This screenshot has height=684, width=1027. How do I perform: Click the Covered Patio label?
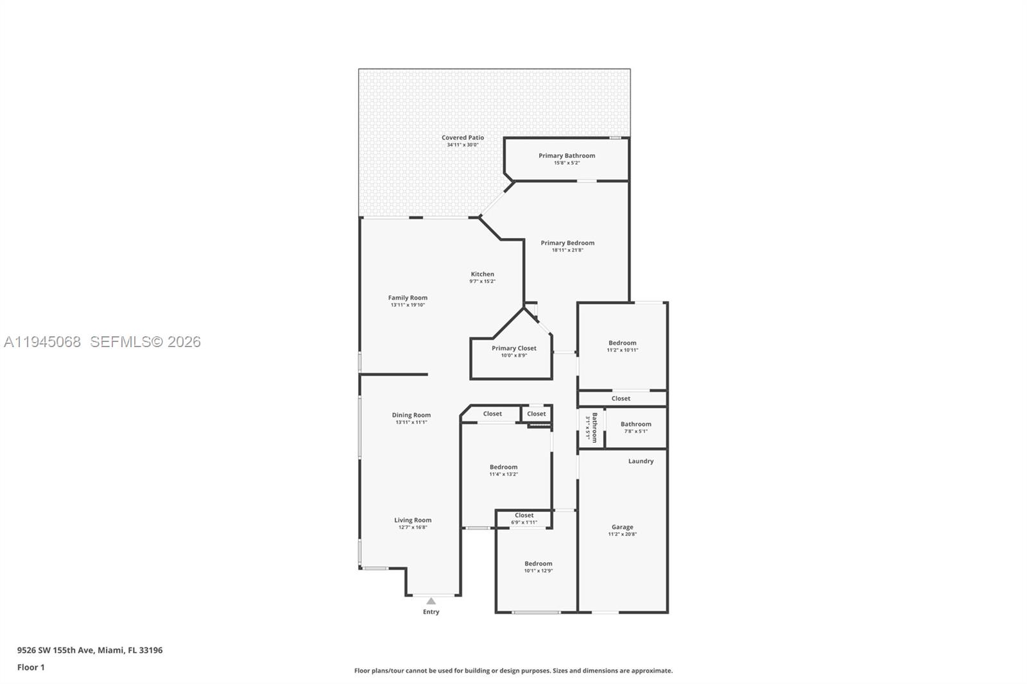click(x=462, y=138)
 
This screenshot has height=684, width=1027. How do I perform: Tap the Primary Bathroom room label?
click(x=567, y=156)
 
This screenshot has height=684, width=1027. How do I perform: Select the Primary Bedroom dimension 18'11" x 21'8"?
click(x=567, y=250)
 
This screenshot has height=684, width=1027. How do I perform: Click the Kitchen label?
click(x=483, y=275)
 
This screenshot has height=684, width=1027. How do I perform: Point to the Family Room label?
click(x=408, y=298)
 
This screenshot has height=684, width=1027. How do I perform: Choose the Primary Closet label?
click(x=513, y=348)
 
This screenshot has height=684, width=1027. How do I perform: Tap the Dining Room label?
click(x=411, y=415)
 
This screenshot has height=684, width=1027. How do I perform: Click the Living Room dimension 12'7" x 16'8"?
click(x=413, y=527)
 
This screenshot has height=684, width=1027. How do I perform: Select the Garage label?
click(x=622, y=527)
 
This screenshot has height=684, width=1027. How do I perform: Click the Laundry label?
click(x=641, y=461)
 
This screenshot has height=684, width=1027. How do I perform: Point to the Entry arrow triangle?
click(x=431, y=601)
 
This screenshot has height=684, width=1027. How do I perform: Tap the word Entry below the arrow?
click(x=431, y=612)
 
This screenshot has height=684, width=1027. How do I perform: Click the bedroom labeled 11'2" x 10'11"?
click(x=623, y=343)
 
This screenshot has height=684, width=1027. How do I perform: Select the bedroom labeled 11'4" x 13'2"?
click(x=503, y=468)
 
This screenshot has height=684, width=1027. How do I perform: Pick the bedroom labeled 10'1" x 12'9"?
click(x=538, y=564)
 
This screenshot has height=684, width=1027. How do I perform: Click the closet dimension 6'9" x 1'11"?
click(x=524, y=522)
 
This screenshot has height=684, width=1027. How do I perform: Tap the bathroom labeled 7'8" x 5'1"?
click(x=635, y=424)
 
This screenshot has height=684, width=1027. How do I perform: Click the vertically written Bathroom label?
click(x=594, y=427)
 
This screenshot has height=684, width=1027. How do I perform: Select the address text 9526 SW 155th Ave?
click(x=56, y=650)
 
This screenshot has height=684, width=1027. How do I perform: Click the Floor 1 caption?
click(x=31, y=667)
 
